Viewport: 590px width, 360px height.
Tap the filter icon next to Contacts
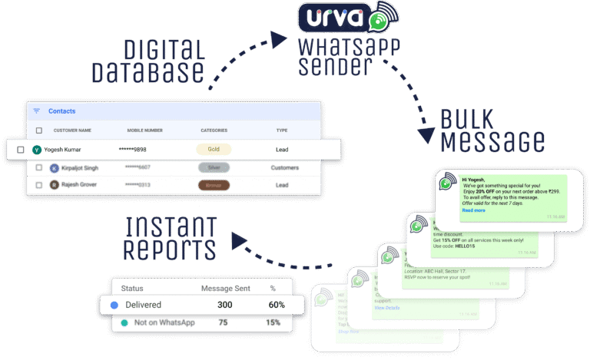[x=36, y=111]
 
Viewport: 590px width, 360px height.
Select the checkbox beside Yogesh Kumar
[x=21, y=150]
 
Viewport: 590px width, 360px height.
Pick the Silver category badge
[x=214, y=167]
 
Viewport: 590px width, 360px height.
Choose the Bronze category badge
[x=214, y=185]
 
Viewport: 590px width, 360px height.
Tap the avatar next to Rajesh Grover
[x=54, y=185]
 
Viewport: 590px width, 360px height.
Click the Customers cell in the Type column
[x=285, y=167]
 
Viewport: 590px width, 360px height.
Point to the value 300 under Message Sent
[x=224, y=305]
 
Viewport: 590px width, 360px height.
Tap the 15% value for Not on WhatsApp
[x=273, y=323]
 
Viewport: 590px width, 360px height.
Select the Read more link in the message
[x=474, y=210]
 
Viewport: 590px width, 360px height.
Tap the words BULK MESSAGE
[x=492, y=130]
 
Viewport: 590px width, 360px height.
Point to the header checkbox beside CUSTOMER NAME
[x=39, y=130]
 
